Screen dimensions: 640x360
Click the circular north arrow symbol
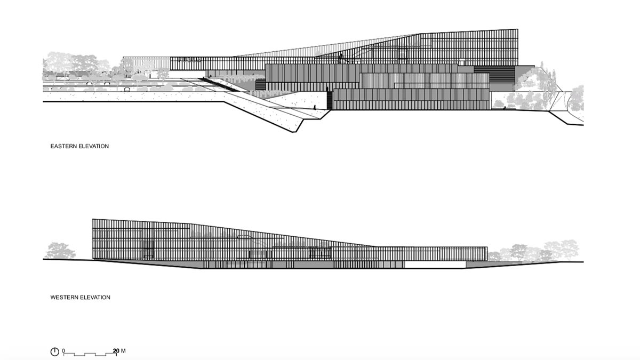coord(54,351)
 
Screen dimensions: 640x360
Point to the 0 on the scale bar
coord(63,351)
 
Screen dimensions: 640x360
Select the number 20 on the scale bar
coord(116,351)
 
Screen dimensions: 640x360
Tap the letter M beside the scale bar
coord(123,350)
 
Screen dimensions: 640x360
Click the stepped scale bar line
coord(90,355)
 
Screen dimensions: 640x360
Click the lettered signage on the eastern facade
coord(189,60)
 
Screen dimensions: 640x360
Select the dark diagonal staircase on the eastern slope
coord(220,85)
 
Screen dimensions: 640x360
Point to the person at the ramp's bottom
coord(315,107)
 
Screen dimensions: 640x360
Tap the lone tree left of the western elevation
coord(60,251)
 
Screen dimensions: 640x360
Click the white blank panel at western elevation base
coord(435,265)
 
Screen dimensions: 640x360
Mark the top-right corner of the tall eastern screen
coord(518,29)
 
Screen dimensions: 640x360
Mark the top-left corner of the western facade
coord(93,219)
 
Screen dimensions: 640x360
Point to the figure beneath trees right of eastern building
coord(505,108)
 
